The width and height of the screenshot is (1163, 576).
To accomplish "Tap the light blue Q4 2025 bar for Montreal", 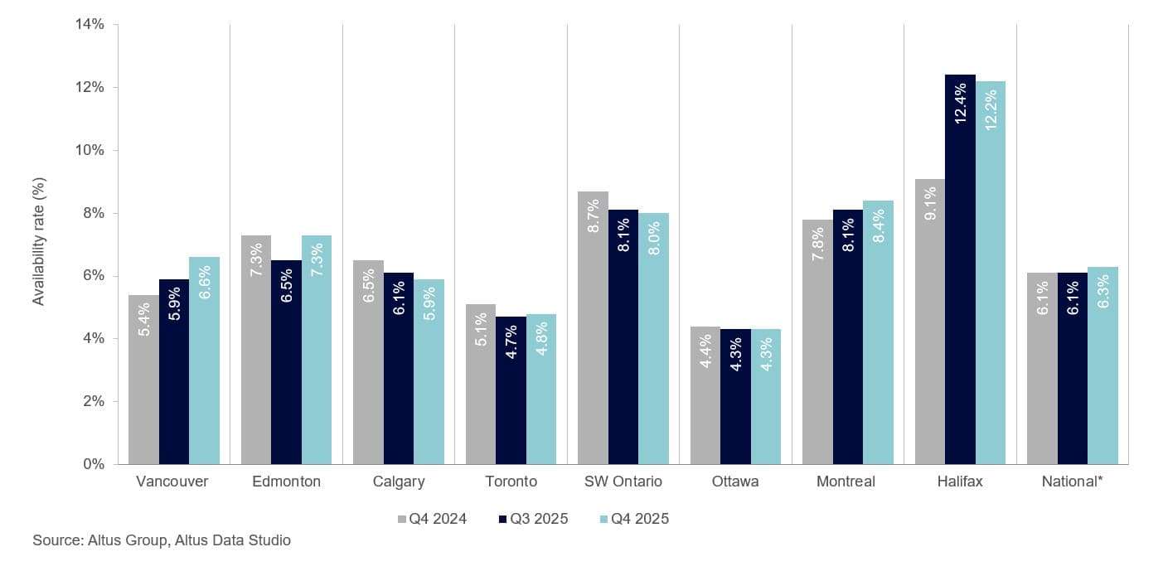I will (x=878, y=332).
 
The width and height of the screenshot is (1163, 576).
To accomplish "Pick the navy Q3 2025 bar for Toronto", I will (x=511, y=390).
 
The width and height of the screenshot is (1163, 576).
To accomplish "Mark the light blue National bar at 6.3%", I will (x=1102, y=365).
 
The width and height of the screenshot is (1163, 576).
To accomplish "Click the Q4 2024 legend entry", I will (x=432, y=520).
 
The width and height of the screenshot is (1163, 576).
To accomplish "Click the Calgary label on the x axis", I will (x=399, y=482).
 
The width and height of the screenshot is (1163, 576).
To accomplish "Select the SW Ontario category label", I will (x=623, y=482).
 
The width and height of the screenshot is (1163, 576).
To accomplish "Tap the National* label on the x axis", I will (x=1072, y=482).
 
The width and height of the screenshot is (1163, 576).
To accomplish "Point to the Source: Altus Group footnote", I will (x=162, y=540).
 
